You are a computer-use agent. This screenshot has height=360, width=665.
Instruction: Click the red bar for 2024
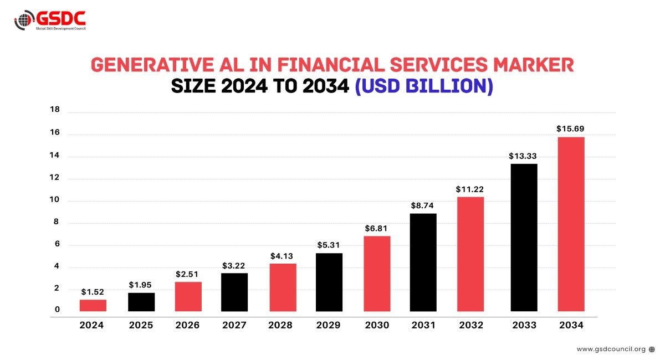coord(93,305)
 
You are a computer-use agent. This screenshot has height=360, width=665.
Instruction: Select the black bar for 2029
coord(329,282)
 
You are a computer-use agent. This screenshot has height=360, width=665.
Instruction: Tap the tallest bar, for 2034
coord(571,224)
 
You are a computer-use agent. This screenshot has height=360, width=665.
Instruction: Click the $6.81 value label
coord(376,228)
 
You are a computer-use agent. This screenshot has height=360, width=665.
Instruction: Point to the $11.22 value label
coord(470,189)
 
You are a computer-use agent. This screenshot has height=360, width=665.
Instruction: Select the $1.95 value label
coord(141,285)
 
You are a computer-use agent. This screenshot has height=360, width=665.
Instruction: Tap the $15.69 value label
coord(570,128)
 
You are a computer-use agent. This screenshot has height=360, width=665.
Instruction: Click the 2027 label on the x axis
coord(234,325)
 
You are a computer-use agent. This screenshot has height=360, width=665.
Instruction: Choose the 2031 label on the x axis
coord(423,325)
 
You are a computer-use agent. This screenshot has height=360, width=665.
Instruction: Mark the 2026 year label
coord(187,325)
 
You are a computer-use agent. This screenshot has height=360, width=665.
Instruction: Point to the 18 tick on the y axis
coord(55,110)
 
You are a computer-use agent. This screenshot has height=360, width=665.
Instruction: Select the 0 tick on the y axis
coord(57,310)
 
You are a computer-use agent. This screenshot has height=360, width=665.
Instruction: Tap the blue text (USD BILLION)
coord(423,87)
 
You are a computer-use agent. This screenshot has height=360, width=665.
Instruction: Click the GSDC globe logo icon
coord(23,20)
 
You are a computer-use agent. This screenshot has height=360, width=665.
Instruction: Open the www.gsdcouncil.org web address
coord(611,349)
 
